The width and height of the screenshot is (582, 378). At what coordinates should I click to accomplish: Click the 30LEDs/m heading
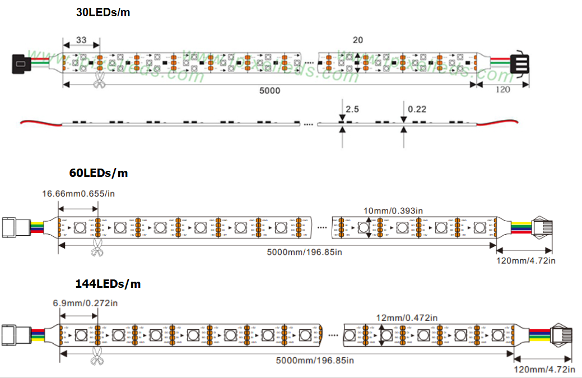click(x=103, y=12)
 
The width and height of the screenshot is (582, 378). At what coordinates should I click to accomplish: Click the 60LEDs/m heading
click(x=99, y=173)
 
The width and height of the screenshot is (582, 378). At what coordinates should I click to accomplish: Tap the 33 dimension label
click(x=81, y=40)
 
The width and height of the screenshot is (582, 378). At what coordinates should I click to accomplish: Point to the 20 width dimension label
click(x=357, y=40)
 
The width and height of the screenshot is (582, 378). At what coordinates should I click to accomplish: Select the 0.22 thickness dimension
click(x=417, y=109)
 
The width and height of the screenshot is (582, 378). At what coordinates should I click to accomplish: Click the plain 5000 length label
click(x=270, y=90)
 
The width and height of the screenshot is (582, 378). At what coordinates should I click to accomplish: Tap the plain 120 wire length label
click(x=503, y=90)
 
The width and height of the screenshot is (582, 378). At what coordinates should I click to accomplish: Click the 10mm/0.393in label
click(x=393, y=211)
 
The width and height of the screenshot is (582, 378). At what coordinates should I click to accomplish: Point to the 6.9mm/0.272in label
click(x=85, y=303)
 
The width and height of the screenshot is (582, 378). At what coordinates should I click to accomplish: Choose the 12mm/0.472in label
click(x=407, y=318)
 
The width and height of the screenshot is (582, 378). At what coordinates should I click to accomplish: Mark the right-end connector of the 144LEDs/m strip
click(x=561, y=334)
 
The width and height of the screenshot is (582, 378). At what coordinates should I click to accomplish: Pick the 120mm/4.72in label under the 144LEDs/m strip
click(x=544, y=369)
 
